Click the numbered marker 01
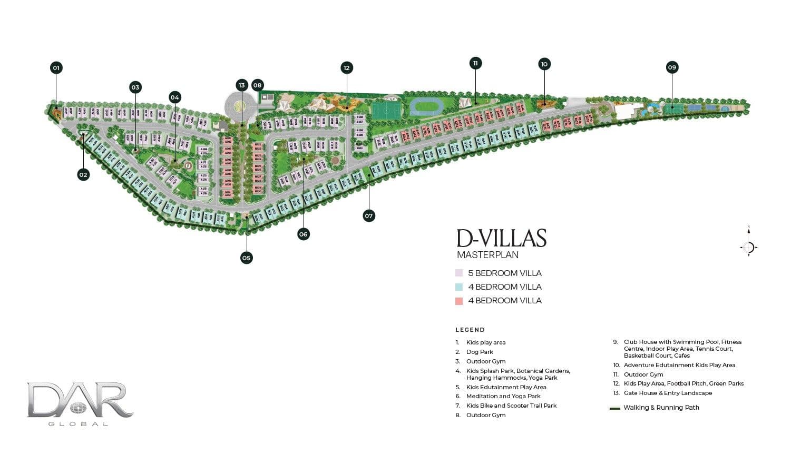[x=56, y=67]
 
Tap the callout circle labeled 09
[x=671, y=67]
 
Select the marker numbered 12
[x=346, y=67]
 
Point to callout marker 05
[x=246, y=258]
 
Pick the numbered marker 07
[x=369, y=215]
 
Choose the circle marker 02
[x=83, y=174]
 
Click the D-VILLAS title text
[x=501, y=239]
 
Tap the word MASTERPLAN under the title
[x=487, y=255]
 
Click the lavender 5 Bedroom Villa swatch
[x=459, y=273]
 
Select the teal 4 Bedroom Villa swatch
[x=459, y=287]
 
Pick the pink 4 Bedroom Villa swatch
[x=459, y=301]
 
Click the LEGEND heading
[x=470, y=330]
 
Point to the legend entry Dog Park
[x=480, y=352]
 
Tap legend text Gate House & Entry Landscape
[x=668, y=393]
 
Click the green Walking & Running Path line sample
[x=614, y=408]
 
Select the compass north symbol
[x=748, y=246]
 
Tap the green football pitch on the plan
[x=386, y=110]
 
